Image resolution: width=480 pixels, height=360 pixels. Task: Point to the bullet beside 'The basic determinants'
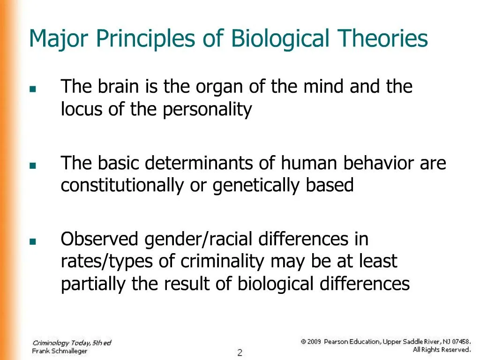click(32, 165)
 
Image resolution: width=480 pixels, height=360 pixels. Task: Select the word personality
click(208, 110)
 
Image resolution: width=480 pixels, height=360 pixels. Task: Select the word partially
click(94, 285)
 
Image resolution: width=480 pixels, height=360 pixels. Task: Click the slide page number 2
click(240, 352)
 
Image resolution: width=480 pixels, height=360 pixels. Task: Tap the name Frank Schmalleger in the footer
click(60, 351)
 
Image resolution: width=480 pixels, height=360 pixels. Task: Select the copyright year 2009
click(314, 342)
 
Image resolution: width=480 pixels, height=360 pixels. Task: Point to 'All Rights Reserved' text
click(442, 350)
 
